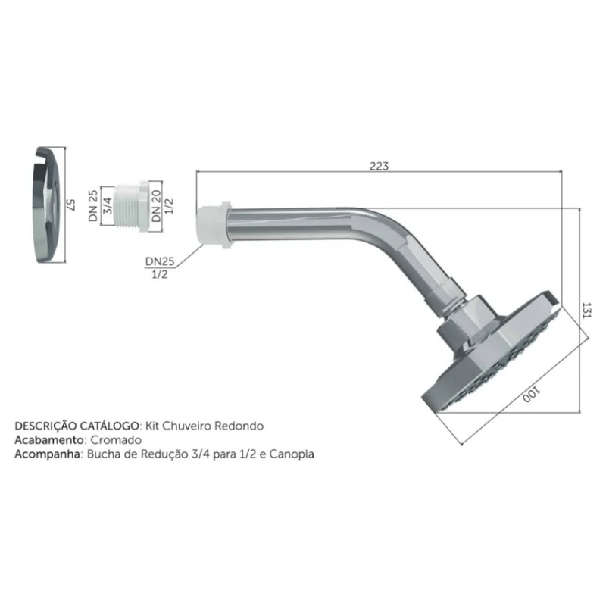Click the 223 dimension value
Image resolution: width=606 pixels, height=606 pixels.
tap(379, 166)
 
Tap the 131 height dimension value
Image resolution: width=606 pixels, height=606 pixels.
tap(586, 311)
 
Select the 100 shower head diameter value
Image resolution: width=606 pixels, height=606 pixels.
tap(532, 395)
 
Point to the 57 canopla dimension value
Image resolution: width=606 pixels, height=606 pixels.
tap(70, 205)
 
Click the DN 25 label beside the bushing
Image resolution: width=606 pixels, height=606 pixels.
tap(93, 205)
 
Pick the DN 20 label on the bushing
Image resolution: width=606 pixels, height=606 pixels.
tap(156, 205)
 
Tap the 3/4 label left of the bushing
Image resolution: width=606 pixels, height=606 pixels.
tap(108, 205)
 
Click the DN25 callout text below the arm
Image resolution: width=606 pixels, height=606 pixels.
tap(160, 261)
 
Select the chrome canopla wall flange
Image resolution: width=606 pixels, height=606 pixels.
tap(47, 205)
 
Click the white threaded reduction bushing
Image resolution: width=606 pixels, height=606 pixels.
tap(131, 206)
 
